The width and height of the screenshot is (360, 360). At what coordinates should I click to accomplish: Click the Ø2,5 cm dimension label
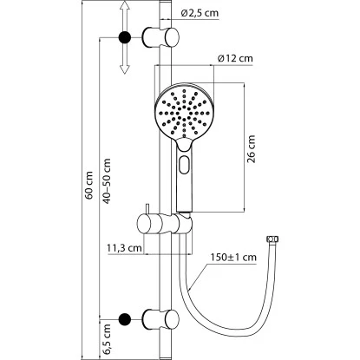pos(200,13)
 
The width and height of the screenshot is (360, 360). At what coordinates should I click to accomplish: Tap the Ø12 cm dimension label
pos(235,59)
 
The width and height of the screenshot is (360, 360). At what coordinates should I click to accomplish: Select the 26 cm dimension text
pos(252,149)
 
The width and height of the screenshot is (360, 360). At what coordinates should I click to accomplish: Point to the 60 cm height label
pos(89,185)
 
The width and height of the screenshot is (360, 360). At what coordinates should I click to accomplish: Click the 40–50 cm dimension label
pos(107,181)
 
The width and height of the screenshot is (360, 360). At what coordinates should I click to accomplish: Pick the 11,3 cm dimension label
pos(124,248)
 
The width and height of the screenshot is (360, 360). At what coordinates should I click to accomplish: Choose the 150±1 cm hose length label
pos(233,257)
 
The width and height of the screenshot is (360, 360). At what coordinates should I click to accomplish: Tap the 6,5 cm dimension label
pos(107,339)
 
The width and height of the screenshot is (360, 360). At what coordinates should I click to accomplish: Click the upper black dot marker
pos(125,37)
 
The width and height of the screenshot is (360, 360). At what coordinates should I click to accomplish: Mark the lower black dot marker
pos(125,319)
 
